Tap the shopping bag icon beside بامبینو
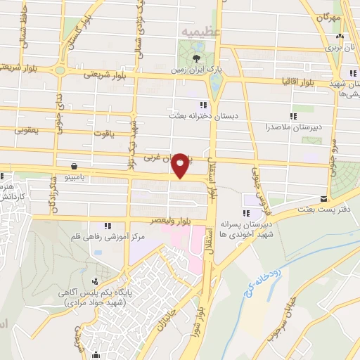[x=75, y=167]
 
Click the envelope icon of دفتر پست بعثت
[x=323, y=198]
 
